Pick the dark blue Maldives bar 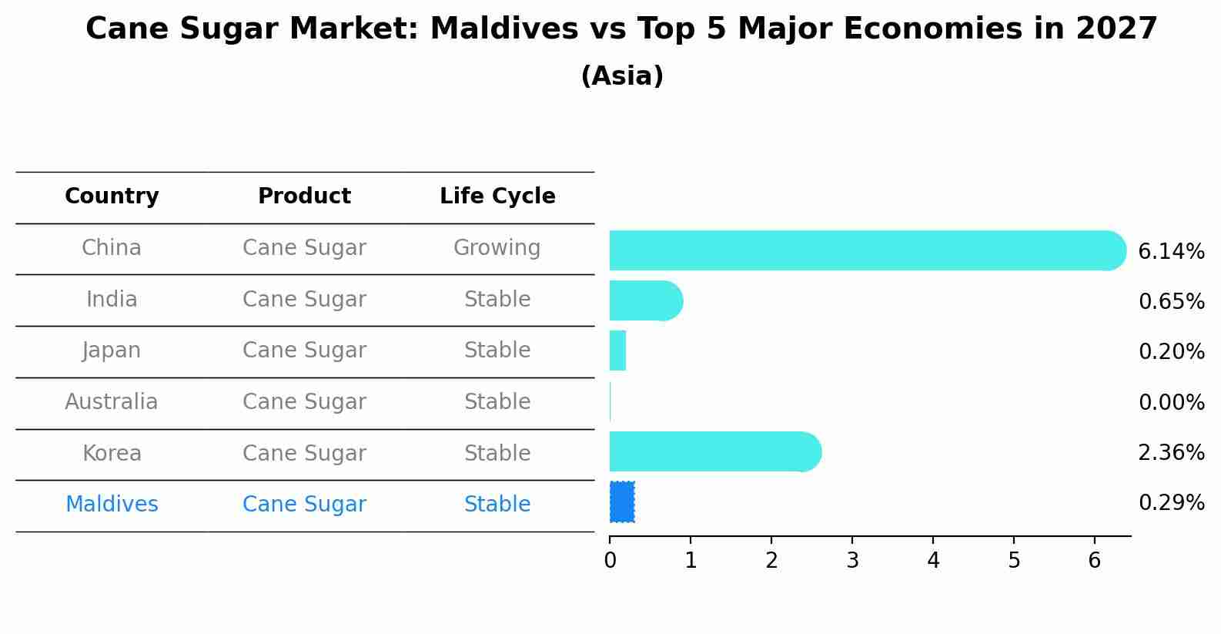coord(622,501)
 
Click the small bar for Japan coord(617,351)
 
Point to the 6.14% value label coord(1171,252)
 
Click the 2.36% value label coord(1171,453)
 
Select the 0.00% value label coord(1171,403)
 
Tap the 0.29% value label coord(1171,503)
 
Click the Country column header coord(112,196)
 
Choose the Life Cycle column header coord(497,196)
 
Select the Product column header coord(304,196)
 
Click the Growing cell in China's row coord(497,248)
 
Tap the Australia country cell coord(112,402)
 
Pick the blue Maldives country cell coord(112,505)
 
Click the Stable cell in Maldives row coord(497,505)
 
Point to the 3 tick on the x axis coord(852,561)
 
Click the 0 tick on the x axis coord(610,561)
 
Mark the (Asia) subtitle coord(622,76)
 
